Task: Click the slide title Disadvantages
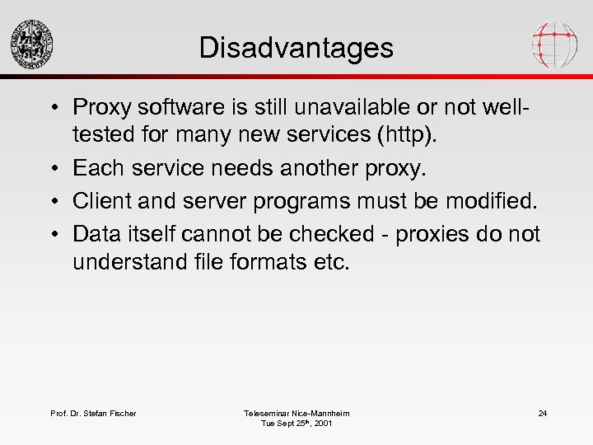tap(296, 48)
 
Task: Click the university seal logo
tap(32, 44)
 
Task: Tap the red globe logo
tap(554, 44)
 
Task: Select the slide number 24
tap(543, 413)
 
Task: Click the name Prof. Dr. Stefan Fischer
tap(94, 413)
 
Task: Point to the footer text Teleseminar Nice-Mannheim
tap(296, 413)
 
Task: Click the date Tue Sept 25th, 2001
tap(296, 424)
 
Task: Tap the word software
tap(170, 108)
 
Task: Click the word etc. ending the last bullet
tap(332, 262)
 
